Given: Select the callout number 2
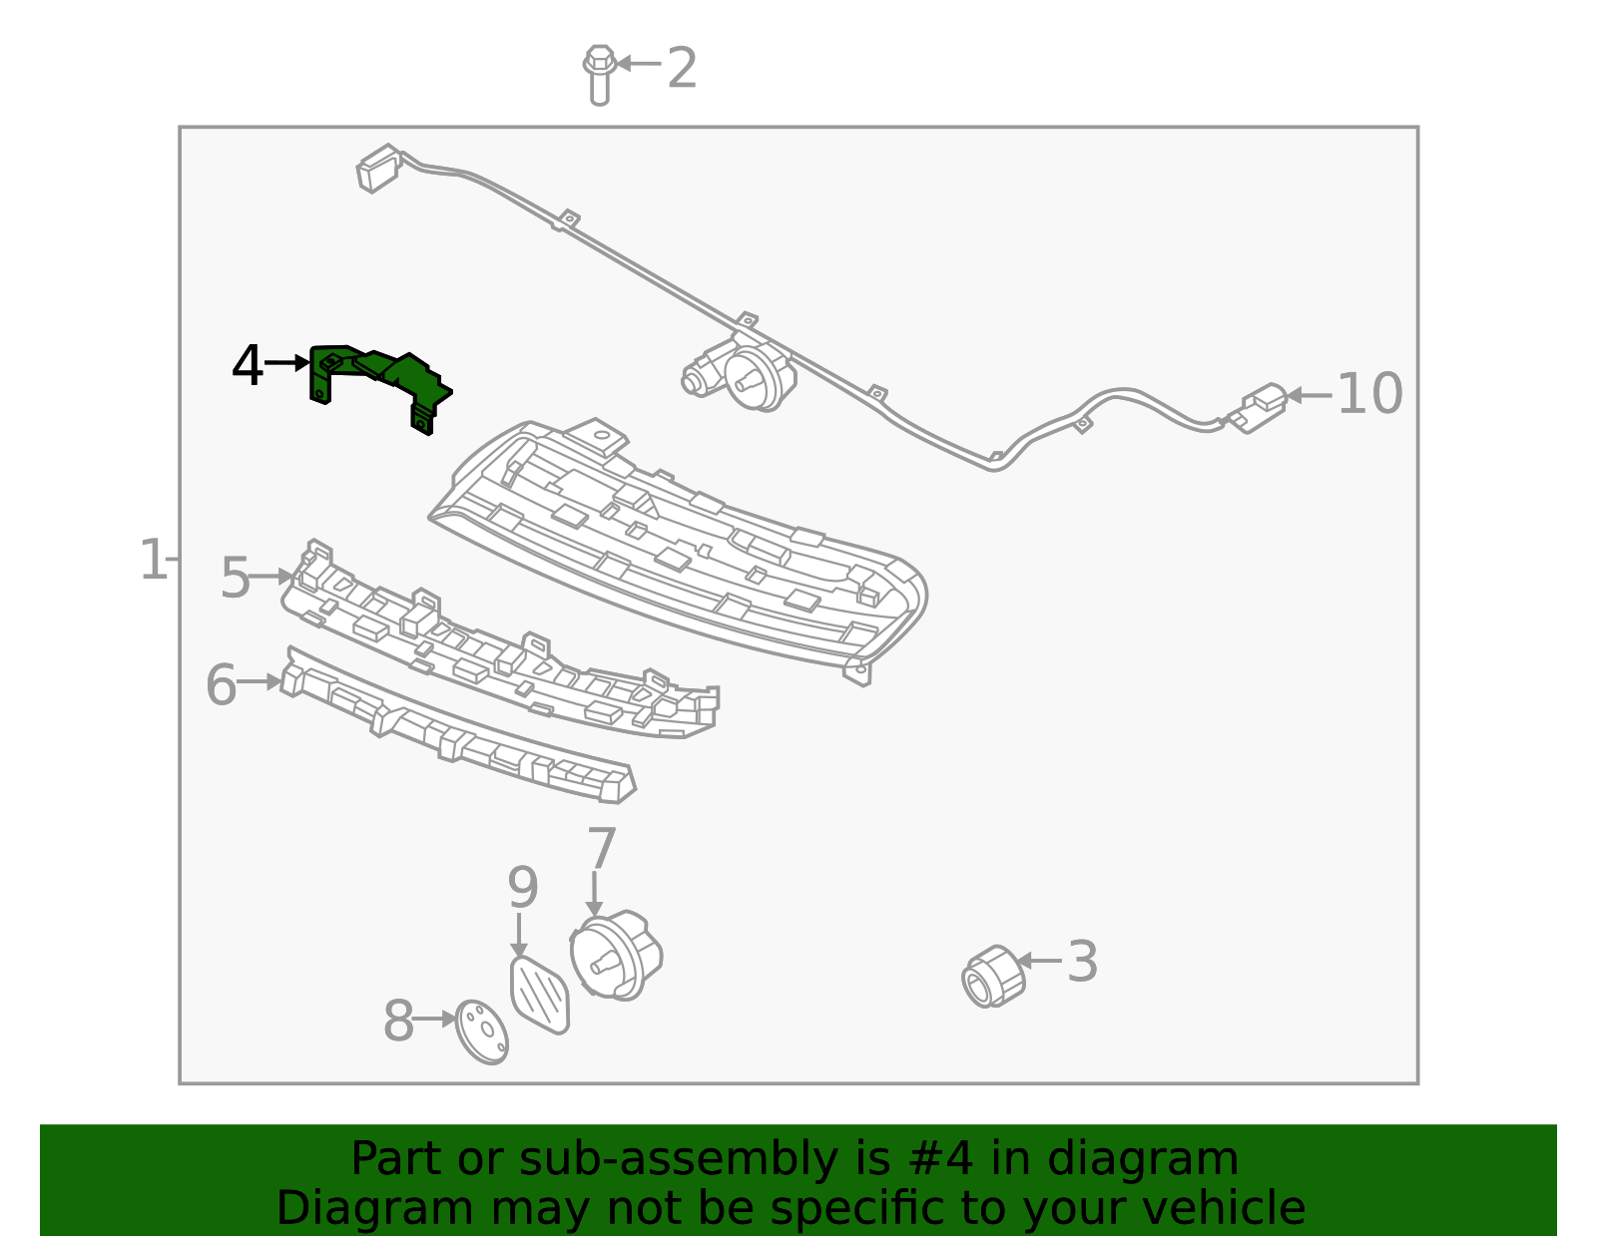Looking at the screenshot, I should click(x=682, y=69).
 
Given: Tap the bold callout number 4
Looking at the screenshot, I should click(x=248, y=366).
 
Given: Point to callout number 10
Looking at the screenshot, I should click(x=1369, y=394).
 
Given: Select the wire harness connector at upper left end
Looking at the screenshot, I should click(x=378, y=168).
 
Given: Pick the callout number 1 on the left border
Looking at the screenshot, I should click(x=154, y=560).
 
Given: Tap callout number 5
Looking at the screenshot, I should click(x=235, y=579).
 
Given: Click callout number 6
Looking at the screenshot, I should click(x=221, y=685).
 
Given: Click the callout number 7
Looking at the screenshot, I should click(x=602, y=849).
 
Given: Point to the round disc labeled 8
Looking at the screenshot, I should click(x=481, y=1032).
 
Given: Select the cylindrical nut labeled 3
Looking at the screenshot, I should click(x=993, y=977).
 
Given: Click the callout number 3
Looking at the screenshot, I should click(x=1083, y=962).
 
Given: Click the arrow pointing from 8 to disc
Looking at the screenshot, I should click(x=433, y=1020).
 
